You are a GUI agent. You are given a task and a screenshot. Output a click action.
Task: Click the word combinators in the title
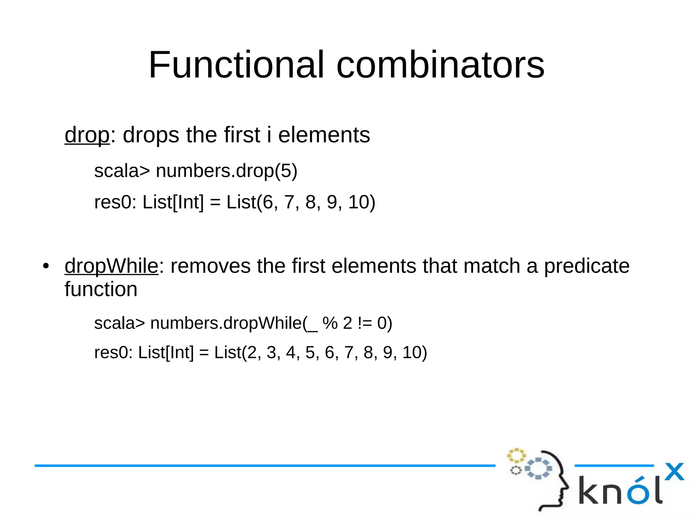440,65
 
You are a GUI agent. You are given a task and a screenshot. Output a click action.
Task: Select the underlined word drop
87,135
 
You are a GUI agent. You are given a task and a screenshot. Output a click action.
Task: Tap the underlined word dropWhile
111,266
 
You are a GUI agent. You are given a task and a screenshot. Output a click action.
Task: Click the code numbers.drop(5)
226,171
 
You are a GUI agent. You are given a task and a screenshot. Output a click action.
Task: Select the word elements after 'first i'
324,135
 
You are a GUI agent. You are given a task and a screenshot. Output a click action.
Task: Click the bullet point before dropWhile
46,266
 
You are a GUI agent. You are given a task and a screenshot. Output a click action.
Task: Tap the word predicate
587,266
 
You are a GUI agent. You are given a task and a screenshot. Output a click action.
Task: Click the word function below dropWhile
101,290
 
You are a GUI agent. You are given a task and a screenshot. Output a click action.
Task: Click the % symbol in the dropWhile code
330,323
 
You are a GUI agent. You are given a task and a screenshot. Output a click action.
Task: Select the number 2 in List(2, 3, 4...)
252,352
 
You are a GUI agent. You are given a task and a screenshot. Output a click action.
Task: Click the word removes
210,266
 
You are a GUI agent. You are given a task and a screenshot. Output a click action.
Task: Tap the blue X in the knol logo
674,472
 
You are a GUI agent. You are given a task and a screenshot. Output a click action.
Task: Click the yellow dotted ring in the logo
516,456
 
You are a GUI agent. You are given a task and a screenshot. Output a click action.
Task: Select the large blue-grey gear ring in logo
538,469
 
